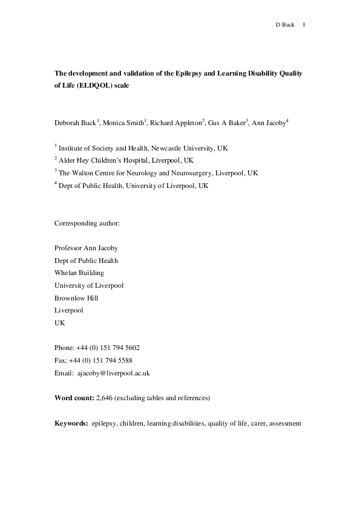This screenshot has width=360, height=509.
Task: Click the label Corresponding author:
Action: coord(87,223)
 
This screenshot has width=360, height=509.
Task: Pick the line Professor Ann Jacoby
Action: coord(86,248)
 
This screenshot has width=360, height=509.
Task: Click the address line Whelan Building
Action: coord(79,273)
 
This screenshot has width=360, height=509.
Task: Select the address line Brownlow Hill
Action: coord(76,298)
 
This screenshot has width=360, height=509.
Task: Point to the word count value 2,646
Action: coord(105,398)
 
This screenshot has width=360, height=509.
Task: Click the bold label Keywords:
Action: coord(71,424)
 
